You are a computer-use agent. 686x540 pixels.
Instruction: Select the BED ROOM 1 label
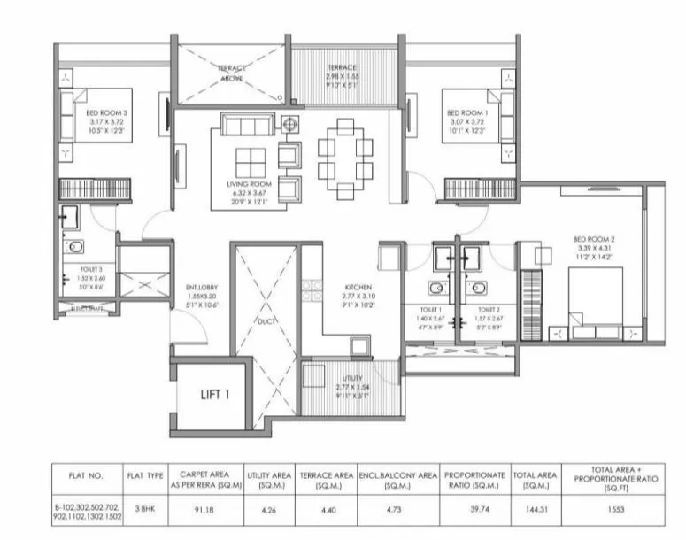[x=466, y=113]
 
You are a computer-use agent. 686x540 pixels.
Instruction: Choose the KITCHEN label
[x=358, y=288]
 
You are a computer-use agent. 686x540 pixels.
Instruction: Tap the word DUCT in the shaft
[x=267, y=321]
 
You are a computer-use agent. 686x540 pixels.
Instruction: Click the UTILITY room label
[x=340, y=378]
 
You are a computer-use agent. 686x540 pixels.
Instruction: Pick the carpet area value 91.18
[x=206, y=510]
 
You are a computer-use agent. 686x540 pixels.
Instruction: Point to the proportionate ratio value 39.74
[x=474, y=510]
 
